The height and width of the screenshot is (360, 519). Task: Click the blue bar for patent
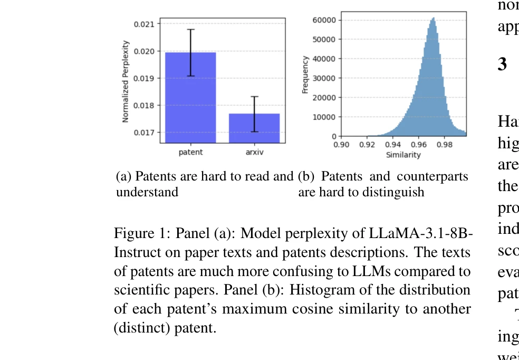point(190,98)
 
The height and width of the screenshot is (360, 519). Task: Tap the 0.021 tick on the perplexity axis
point(144,24)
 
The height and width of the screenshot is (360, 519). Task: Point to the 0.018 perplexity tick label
point(144,106)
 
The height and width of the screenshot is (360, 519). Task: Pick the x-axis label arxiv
point(254,153)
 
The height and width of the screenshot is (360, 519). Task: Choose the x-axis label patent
point(190,153)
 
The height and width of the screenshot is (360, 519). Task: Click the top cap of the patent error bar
point(190,30)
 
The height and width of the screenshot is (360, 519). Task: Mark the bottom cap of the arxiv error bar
point(254,131)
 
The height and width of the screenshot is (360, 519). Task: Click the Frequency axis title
point(305,75)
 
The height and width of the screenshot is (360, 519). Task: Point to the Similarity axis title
point(403,155)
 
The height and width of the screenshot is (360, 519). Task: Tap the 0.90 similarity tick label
point(342,144)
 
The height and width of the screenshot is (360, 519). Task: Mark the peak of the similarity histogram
point(433,18)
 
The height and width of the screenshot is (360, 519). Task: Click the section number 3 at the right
point(502,64)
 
